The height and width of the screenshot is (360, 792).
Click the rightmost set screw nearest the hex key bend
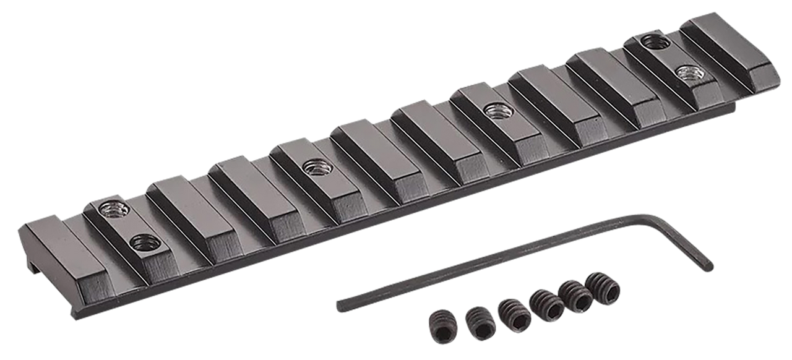[x=602, y=285]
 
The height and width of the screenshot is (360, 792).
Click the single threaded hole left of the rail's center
[x=317, y=166]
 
